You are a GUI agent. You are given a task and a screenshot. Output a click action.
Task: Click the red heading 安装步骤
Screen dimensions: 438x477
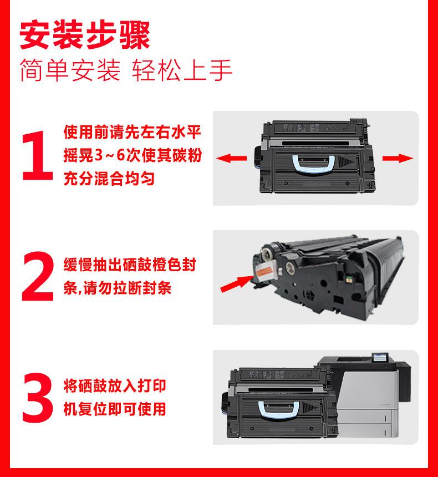[x=85, y=35]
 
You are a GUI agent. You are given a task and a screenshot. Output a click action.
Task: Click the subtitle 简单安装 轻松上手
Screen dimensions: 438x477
[x=126, y=70]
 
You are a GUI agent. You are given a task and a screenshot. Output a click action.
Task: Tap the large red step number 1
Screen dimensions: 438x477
[x=38, y=156]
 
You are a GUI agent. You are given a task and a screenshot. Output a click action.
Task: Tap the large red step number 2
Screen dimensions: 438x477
[x=38, y=276]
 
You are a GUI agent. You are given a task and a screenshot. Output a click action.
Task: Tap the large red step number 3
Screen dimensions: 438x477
[x=38, y=397]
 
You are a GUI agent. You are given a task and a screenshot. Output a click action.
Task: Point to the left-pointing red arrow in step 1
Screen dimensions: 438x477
[x=231, y=158]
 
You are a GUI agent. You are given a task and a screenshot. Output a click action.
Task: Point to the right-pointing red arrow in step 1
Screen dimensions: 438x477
[x=398, y=158]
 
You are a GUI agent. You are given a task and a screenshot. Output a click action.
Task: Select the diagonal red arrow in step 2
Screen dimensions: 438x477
[x=237, y=283]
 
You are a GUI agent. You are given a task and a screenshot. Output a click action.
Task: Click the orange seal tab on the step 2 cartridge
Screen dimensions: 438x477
[x=263, y=271]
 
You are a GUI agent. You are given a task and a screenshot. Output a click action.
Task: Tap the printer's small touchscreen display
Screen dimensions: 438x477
[x=380, y=358]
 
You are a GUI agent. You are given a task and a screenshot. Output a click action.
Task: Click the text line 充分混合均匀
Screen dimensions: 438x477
[x=109, y=179]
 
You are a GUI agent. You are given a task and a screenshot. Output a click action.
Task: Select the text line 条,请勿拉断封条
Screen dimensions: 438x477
[x=117, y=288]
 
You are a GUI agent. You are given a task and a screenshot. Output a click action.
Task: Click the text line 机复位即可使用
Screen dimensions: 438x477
[x=115, y=409]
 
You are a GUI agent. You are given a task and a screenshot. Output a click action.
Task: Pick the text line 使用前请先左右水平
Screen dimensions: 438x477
[x=133, y=132]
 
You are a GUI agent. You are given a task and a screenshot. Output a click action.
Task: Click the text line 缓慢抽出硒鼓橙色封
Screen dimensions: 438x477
[x=130, y=265]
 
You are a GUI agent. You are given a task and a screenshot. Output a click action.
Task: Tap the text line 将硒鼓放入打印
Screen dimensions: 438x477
[x=115, y=385]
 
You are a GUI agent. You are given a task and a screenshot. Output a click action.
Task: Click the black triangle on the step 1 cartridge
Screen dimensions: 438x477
[x=346, y=161]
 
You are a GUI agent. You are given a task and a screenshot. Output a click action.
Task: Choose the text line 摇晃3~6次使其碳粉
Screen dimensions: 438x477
[x=133, y=155]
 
